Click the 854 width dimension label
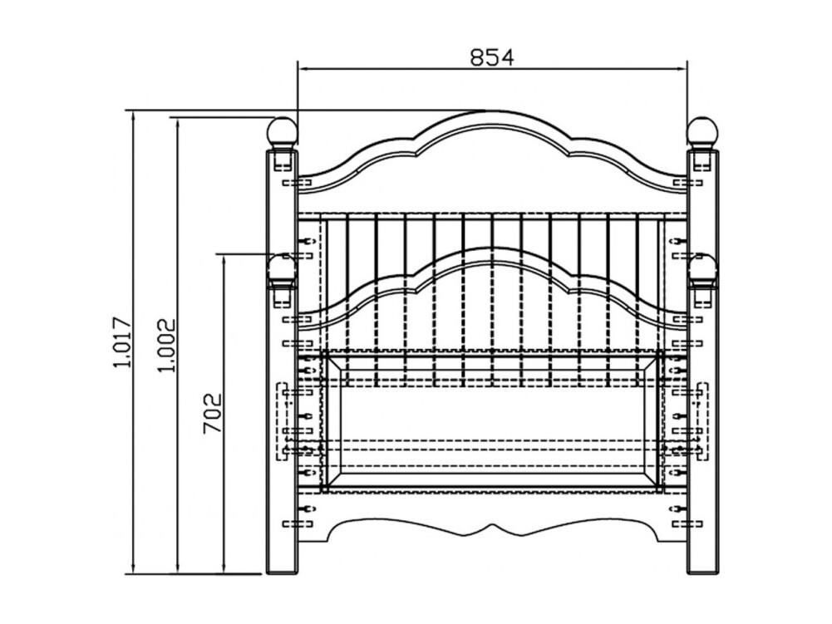click(x=492, y=57)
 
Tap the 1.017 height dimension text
click(x=121, y=342)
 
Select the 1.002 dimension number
click(x=166, y=346)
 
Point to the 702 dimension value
click(x=212, y=413)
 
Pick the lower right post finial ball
click(x=704, y=268)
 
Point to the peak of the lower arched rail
click(x=492, y=248)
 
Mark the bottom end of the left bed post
click(x=282, y=572)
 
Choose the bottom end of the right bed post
click(x=703, y=572)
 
